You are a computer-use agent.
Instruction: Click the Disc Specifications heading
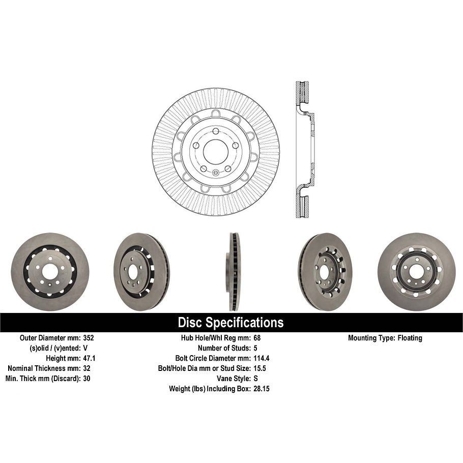(230, 323)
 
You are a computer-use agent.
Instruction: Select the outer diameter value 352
(89, 338)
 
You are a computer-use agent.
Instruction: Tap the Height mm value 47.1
(89, 358)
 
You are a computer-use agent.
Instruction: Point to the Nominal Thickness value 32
(86, 368)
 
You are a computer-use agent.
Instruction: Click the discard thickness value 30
(86, 379)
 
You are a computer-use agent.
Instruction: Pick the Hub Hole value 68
(257, 338)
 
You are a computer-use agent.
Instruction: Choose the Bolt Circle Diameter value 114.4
(262, 358)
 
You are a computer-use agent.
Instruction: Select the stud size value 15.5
(259, 368)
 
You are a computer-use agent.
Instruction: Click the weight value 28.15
(261, 389)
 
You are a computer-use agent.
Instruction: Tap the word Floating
(410, 338)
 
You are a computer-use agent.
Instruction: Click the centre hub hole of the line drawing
(216, 151)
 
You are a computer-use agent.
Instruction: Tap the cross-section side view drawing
(304, 150)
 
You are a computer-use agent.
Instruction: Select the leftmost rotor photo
(50, 272)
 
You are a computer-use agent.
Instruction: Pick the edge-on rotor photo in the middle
(234, 272)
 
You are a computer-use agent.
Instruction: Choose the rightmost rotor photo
(416, 272)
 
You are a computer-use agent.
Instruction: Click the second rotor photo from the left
(141, 272)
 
